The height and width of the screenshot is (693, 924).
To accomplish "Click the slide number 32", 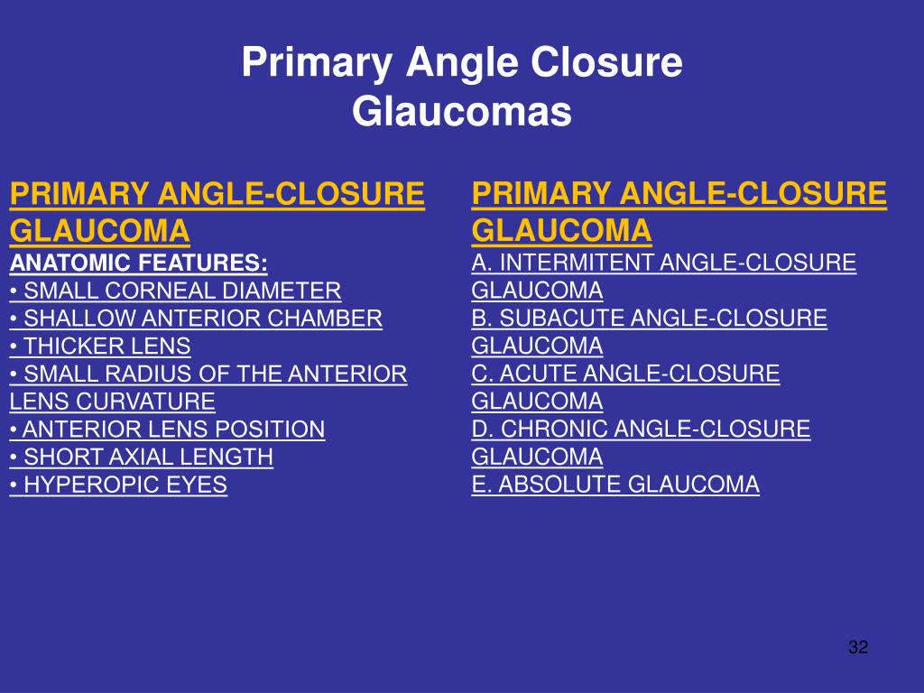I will click(857, 647).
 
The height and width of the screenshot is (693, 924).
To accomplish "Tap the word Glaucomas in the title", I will click(462, 113).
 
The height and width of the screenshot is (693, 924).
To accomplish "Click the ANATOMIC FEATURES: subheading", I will click(138, 263).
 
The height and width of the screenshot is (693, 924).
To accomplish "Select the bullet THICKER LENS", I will click(100, 346).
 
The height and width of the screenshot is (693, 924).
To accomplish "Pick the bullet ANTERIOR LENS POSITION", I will click(167, 430).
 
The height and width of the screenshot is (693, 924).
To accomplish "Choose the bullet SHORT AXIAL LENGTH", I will click(142, 457).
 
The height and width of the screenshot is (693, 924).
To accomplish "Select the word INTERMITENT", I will click(577, 263).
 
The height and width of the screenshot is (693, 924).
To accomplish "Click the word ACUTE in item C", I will click(532, 374).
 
